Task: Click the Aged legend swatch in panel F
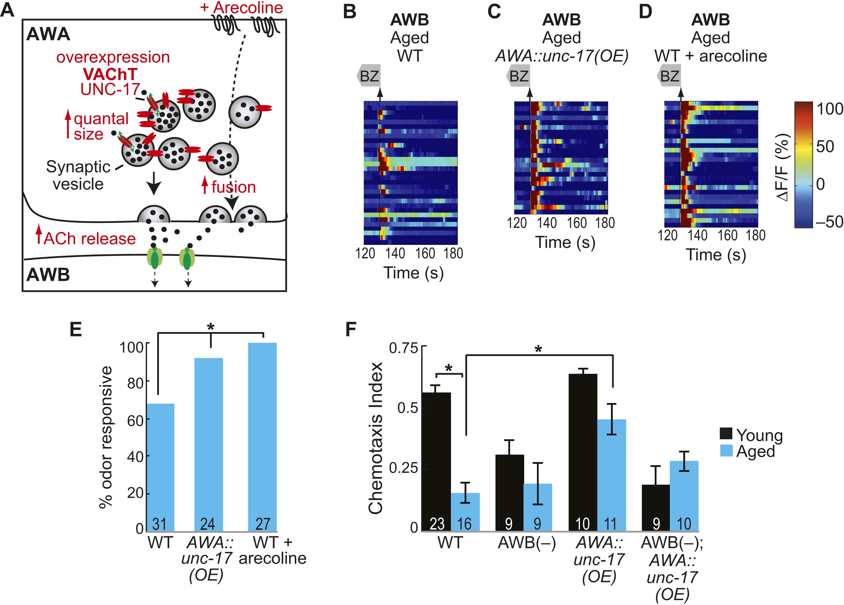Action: (x=726, y=451)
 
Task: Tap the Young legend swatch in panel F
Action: (x=726, y=433)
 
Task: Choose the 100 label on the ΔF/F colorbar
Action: (x=829, y=109)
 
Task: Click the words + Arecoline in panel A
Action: (x=242, y=7)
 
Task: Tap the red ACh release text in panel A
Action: (x=89, y=238)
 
